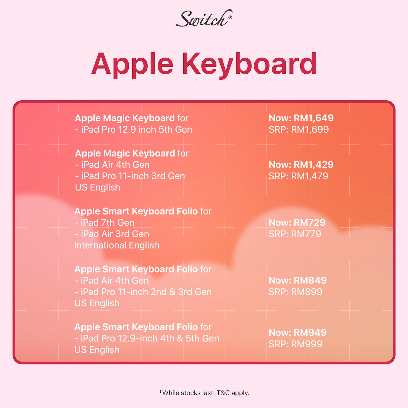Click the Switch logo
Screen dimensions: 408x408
tap(204, 18)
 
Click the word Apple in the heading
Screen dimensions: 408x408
tap(132, 65)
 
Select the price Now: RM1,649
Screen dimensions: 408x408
tap(301, 118)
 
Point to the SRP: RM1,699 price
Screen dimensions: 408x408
tap(299, 130)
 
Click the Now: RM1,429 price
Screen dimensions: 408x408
tap(301, 165)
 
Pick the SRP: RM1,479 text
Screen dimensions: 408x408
tap(298, 176)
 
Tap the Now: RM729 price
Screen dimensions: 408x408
tap(297, 222)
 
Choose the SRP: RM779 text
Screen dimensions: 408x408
tap(295, 234)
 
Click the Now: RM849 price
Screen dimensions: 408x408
tap(298, 280)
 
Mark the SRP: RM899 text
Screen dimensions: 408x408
tap(295, 292)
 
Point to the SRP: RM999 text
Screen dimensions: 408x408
tap(295, 344)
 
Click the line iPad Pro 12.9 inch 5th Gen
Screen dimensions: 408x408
tap(134, 130)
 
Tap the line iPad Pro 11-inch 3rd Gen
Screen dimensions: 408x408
tap(130, 176)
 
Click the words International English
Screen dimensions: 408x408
tap(117, 245)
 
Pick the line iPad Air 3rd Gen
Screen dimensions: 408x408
tap(112, 234)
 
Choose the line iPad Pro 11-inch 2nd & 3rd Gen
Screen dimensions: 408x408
tap(143, 292)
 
